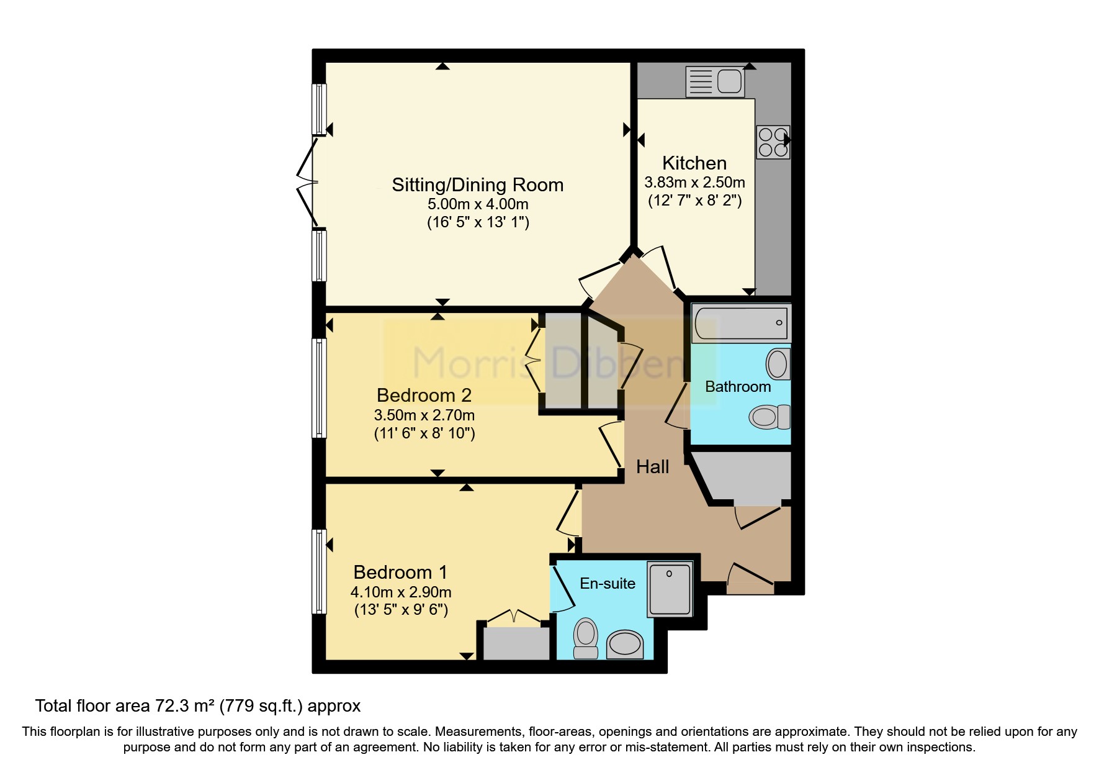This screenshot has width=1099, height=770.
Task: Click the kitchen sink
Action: pyautogui.click(x=715, y=82)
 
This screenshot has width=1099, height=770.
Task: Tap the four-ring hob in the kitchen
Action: pyautogui.click(x=773, y=142)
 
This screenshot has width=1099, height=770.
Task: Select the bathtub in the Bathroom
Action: pyautogui.click(x=741, y=323)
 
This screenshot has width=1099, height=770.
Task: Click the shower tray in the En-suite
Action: pyautogui.click(x=670, y=589)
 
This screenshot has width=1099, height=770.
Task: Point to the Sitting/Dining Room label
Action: pyautogui.click(x=477, y=184)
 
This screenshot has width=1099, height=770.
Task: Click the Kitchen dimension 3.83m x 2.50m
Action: pyautogui.click(x=694, y=183)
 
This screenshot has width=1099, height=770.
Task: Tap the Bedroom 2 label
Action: pyautogui.click(x=424, y=395)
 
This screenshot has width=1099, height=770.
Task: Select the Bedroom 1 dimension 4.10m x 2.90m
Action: pyautogui.click(x=400, y=591)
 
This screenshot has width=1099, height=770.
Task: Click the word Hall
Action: pyautogui.click(x=652, y=466)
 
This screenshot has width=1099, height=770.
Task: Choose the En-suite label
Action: pyautogui.click(x=607, y=583)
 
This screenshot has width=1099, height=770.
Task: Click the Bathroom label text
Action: pyautogui.click(x=737, y=386)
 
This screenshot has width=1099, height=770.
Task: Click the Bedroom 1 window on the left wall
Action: pyautogui.click(x=318, y=571)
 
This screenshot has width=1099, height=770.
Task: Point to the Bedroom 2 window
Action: pyautogui.click(x=318, y=388)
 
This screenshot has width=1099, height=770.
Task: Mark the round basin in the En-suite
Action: pyautogui.click(x=624, y=645)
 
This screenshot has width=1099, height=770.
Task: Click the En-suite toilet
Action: pyautogui.click(x=585, y=638)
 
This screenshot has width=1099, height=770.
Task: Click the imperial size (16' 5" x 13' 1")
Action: pyautogui.click(x=477, y=222)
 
